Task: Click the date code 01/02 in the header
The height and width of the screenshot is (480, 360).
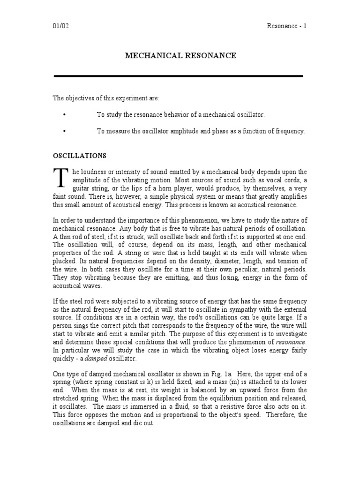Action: pyautogui.click(x=60, y=26)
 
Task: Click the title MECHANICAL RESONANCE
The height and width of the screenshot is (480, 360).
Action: pyautogui.click(x=180, y=56)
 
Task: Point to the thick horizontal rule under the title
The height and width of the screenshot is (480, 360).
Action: pyautogui.click(x=179, y=75)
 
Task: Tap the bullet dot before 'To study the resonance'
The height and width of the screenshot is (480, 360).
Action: pyautogui.click(x=63, y=115)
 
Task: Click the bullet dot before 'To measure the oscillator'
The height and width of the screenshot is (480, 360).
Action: pyautogui.click(x=63, y=132)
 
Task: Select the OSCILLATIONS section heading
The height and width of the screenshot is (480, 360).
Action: pyautogui.click(x=79, y=155)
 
